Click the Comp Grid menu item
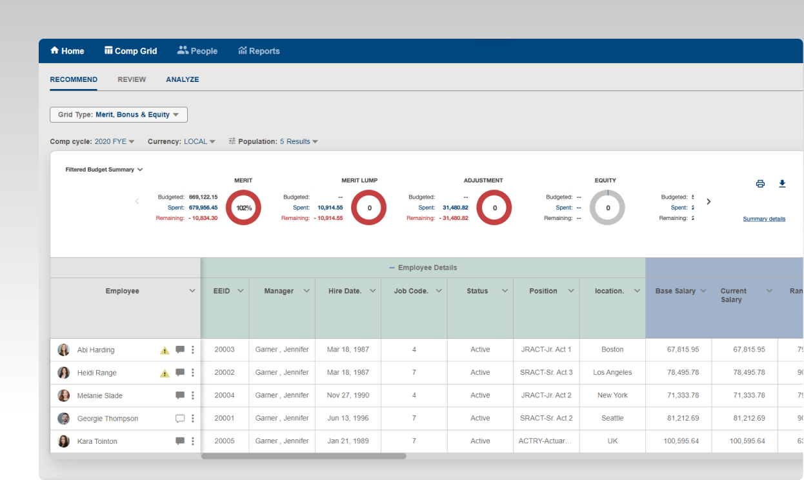pos(131,51)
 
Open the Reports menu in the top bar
pos(259,51)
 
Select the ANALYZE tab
pos(183,79)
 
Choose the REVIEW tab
pos(132,79)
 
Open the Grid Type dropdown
pos(119,115)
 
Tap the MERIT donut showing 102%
pos(243,208)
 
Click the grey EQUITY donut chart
pos(607,208)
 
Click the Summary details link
pos(764,219)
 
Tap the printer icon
pos(760,184)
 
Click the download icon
pos(782,184)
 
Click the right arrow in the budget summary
pos(709,201)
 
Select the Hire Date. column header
pos(345,291)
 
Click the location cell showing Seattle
pos(612,418)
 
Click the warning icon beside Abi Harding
pos(165,350)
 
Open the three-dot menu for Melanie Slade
pos(192,395)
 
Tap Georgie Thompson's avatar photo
pos(64,419)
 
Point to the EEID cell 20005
pos(225,441)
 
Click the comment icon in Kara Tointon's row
pos(180,441)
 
